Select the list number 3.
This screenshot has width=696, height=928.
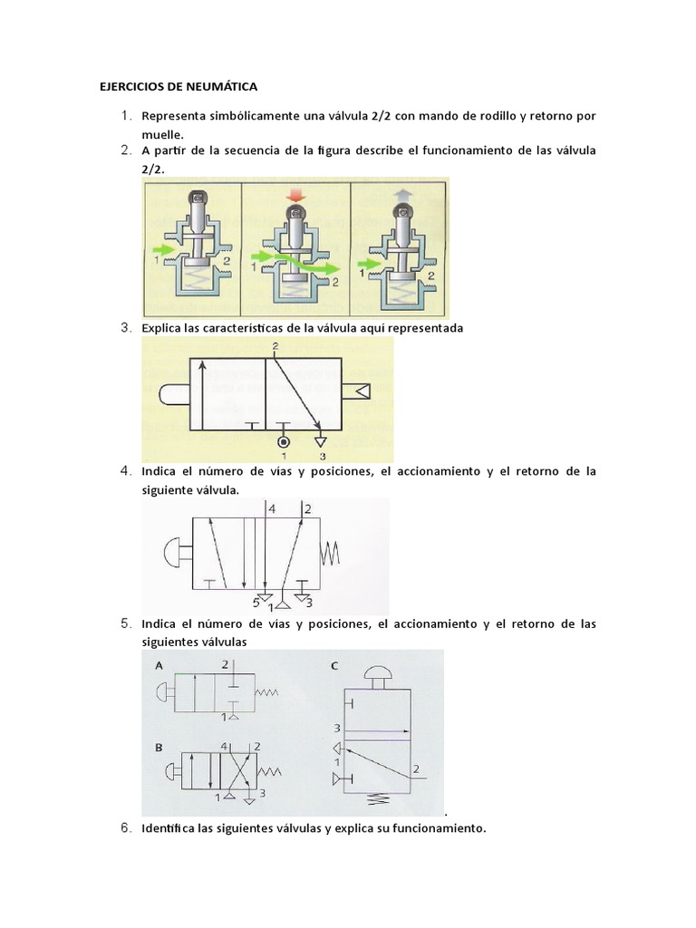[x=126, y=328]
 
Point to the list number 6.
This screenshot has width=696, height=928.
[x=126, y=827]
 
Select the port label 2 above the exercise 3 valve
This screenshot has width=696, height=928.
[x=274, y=345]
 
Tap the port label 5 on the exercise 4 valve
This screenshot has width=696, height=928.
[x=257, y=602]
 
